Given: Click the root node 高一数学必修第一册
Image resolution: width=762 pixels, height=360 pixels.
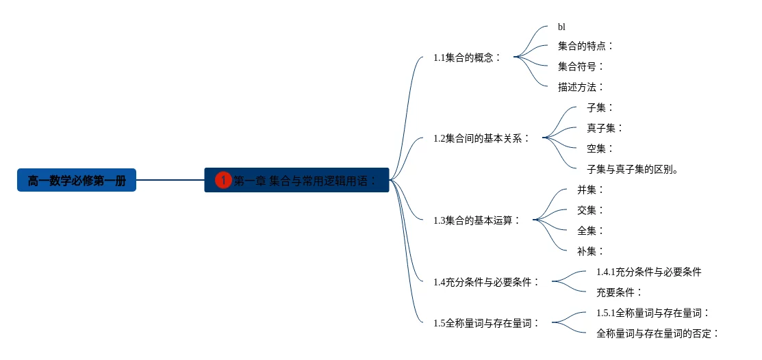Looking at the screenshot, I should click(x=77, y=181).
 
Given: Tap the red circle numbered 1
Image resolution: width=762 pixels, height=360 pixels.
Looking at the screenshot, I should click(x=223, y=181).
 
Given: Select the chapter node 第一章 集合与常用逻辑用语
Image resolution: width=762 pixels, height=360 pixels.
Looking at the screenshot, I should click(x=305, y=181).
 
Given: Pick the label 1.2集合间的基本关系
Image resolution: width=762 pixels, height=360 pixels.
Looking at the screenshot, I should click(x=482, y=138).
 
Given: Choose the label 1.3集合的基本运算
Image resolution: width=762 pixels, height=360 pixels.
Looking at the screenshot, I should click(x=477, y=220).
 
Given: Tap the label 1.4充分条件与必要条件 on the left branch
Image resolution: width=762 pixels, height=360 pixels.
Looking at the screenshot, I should click(x=487, y=282).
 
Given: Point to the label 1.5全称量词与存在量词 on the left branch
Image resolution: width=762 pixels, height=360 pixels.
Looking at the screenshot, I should click(x=487, y=323).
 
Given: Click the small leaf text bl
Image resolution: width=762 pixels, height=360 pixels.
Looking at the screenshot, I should click(x=561, y=27).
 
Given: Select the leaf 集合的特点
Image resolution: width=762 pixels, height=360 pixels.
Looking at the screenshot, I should click(x=585, y=46).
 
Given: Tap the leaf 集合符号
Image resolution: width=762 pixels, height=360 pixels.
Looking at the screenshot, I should click(x=581, y=66).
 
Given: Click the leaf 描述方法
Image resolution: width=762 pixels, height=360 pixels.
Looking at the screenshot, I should click(x=581, y=87).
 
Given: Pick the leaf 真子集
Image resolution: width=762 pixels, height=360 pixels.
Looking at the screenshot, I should click(x=605, y=128).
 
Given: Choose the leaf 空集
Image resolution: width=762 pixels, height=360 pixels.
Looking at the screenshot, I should click(x=600, y=149).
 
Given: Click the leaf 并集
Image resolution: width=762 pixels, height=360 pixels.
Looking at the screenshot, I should click(x=590, y=190).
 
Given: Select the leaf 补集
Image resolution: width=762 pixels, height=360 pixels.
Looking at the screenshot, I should click(x=590, y=251).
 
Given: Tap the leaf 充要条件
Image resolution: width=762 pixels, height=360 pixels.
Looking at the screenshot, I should click(x=619, y=292).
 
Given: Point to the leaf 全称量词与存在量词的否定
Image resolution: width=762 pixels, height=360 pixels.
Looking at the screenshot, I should click(x=657, y=333).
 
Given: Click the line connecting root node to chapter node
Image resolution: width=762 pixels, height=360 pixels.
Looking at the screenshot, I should click(x=170, y=181).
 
